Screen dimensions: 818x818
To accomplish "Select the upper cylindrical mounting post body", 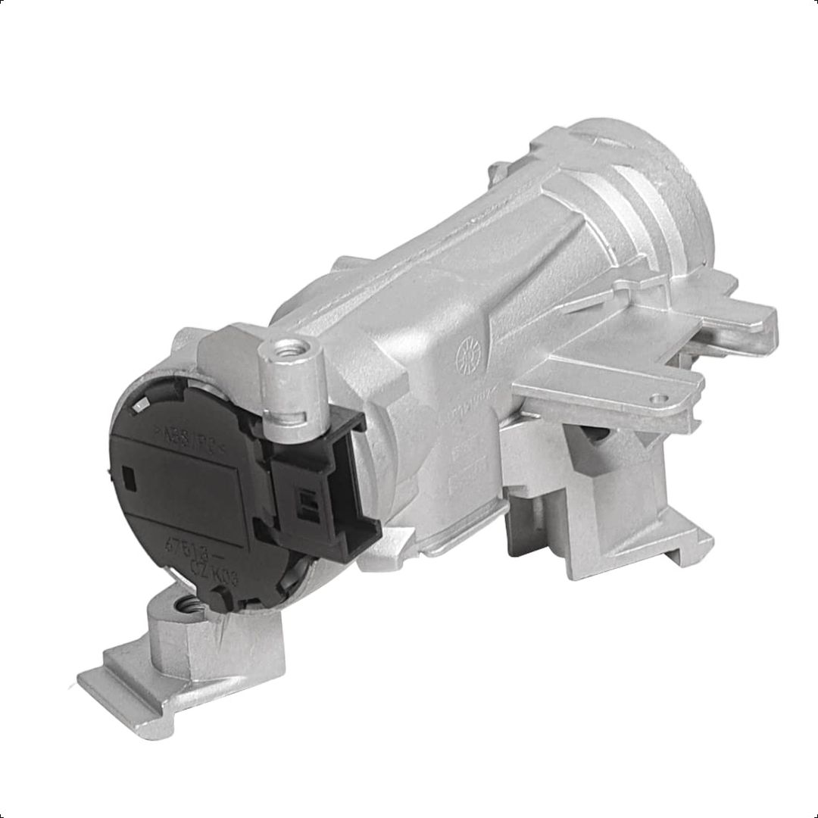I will click(291, 386).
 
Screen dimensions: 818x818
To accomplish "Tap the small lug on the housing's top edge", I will click(500, 166).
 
